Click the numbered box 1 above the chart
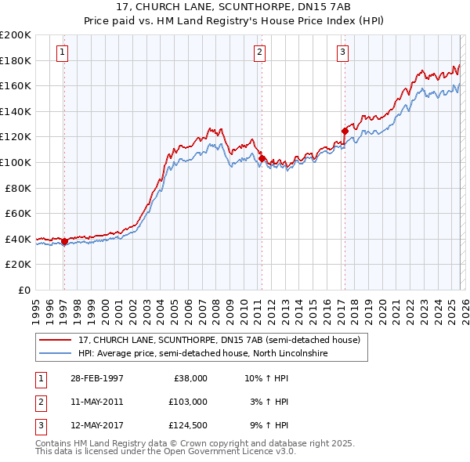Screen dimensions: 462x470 pyautogui.click(x=62, y=52)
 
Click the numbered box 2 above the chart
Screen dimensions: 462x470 pyautogui.click(x=259, y=52)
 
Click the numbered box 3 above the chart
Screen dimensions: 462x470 pyautogui.click(x=343, y=52)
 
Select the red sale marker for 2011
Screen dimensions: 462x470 pyautogui.click(x=262, y=158)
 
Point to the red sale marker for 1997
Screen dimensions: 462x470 pyautogui.click(x=64, y=241)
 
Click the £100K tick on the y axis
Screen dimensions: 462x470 pyautogui.click(x=16, y=162)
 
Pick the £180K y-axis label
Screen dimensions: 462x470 pyautogui.click(x=16, y=60)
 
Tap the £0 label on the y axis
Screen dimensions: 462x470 pyautogui.click(x=23, y=290)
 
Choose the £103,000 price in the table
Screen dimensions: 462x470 pyautogui.click(x=187, y=402)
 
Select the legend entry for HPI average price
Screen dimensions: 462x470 pyautogui.click(x=204, y=353)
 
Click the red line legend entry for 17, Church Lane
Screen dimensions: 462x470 pyautogui.click(x=219, y=340)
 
